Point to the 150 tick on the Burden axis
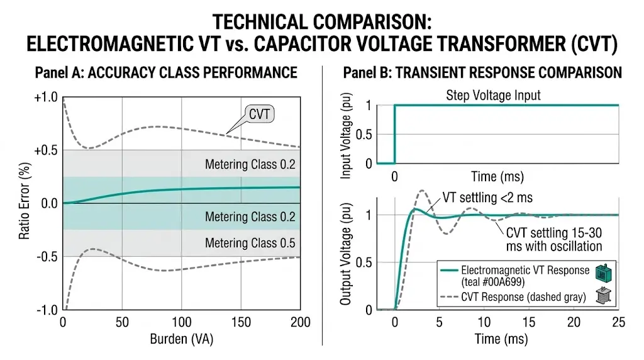[x=240, y=322]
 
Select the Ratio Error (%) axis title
[x=25, y=203]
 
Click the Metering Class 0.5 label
[x=250, y=243]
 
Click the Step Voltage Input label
[x=493, y=96]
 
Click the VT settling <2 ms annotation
[x=488, y=198]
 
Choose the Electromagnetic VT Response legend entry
[x=532, y=276]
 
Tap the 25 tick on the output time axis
[x=618, y=322]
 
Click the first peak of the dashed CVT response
[x=421, y=191]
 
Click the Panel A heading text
[x=165, y=73]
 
